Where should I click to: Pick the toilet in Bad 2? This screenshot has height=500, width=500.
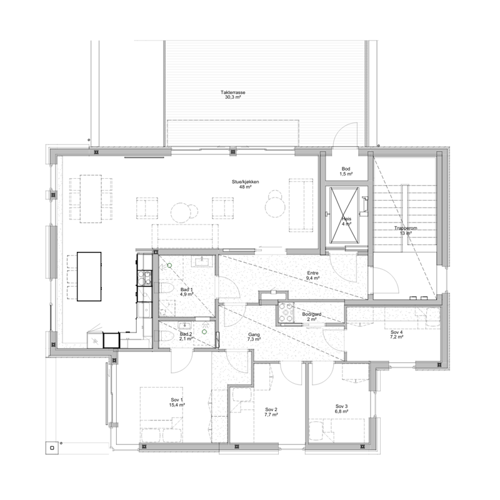166,336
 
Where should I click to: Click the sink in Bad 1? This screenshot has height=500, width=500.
202,261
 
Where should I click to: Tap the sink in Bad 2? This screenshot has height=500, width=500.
185,325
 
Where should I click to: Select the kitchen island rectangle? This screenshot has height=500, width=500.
89,276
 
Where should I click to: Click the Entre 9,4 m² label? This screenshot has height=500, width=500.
313,276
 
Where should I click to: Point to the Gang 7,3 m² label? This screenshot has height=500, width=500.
254,337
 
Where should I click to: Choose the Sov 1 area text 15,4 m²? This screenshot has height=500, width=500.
177,404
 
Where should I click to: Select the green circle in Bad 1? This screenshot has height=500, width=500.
169,265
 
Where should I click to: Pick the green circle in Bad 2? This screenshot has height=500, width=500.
204,332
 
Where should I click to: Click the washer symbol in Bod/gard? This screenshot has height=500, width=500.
286,312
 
